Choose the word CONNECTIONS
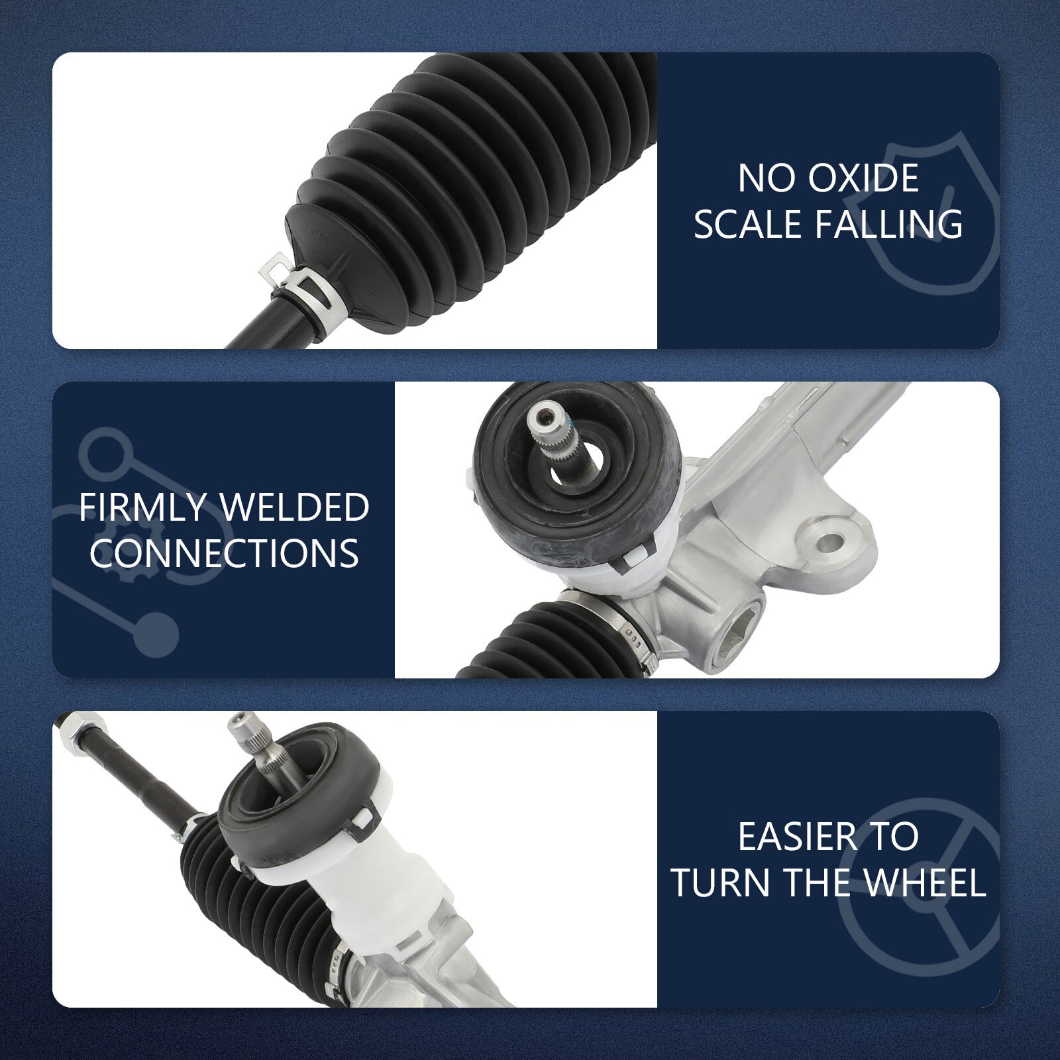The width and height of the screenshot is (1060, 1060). [x=224, y=553]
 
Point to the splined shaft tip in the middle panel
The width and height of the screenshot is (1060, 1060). [x=549, y=424]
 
